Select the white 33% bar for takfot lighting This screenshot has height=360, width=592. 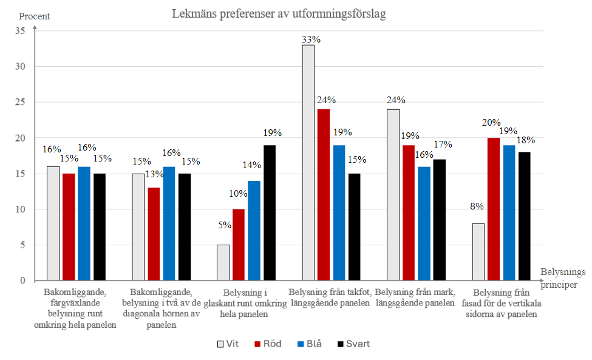308,163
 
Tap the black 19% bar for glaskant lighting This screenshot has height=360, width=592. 269,212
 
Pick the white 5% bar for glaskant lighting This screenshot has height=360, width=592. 223,262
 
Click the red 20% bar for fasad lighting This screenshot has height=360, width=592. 494,209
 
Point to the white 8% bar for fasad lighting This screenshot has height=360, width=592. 478,252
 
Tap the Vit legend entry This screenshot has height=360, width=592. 228,344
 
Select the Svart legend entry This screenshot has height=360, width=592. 352,344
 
